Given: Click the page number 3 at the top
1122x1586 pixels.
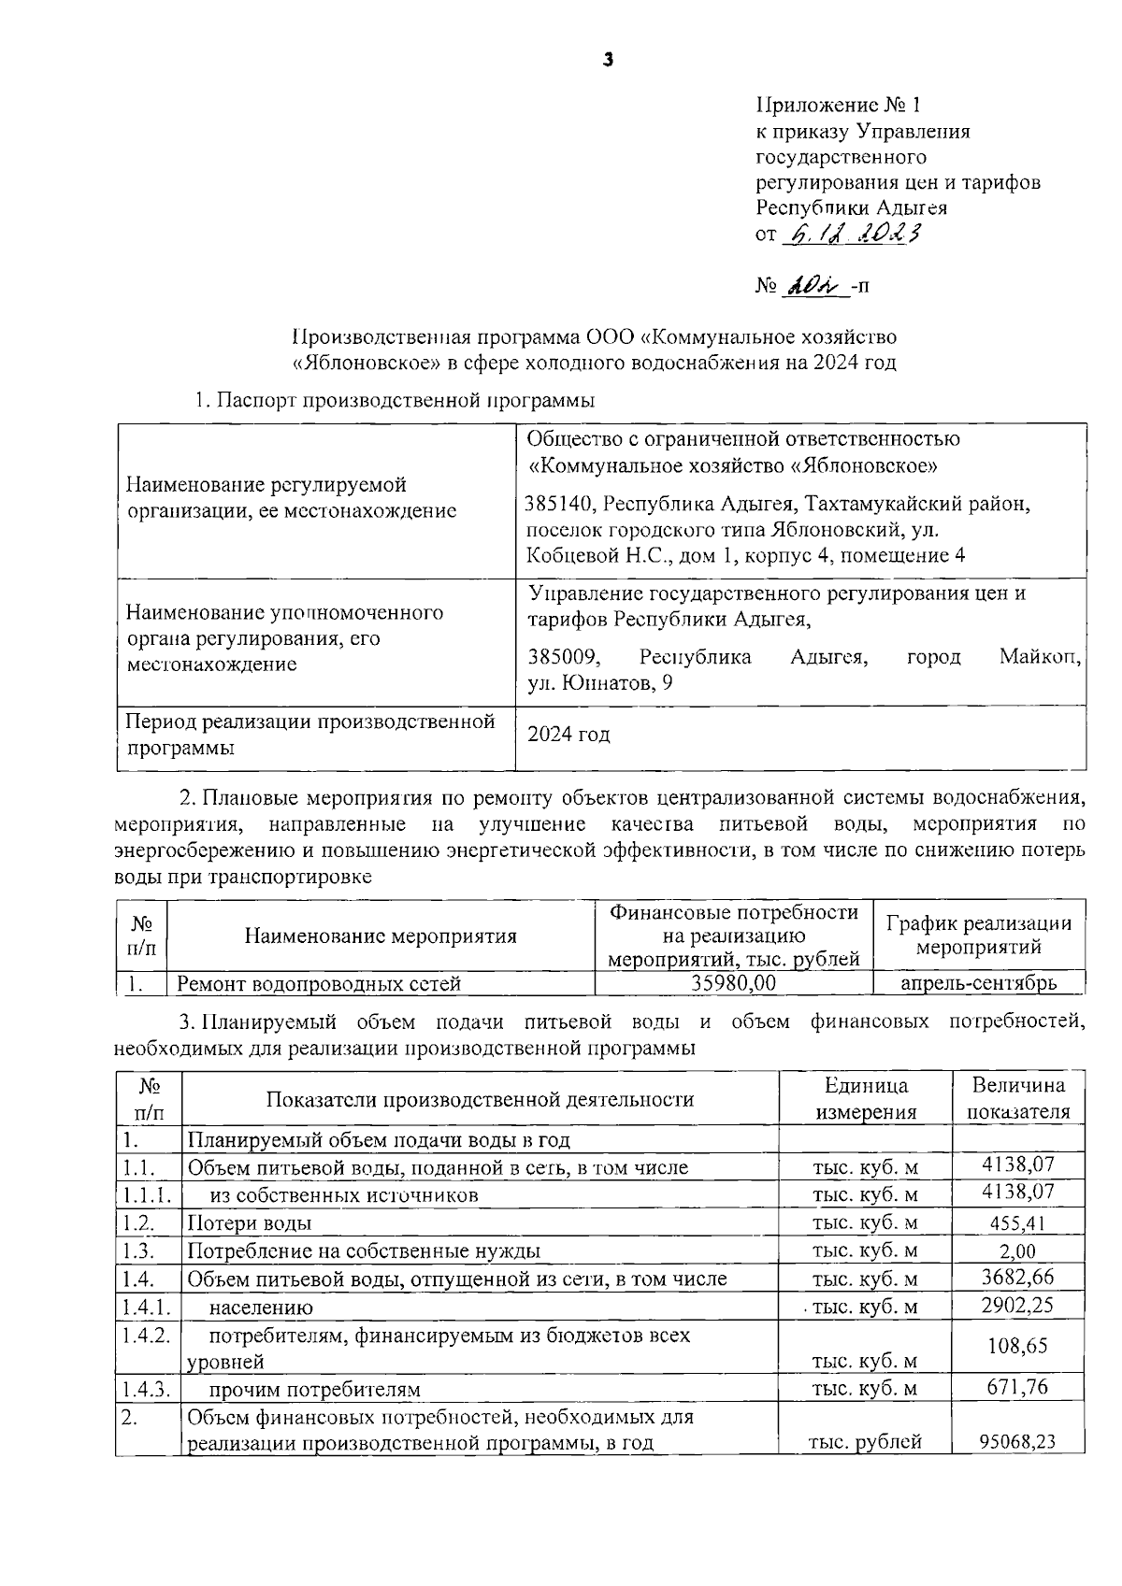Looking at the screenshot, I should tap(609, 61).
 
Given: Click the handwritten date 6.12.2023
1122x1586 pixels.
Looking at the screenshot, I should tap(852, 234).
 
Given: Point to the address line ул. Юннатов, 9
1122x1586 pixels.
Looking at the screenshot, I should tap(599, 683).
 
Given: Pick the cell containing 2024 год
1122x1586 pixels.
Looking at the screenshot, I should tap(569, 735).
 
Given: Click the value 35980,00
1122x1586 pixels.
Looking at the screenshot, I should tap(733, 982).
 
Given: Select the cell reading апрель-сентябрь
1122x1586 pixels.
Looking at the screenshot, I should tap(978, 982).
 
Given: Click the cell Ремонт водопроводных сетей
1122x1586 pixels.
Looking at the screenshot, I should tap(319, 982).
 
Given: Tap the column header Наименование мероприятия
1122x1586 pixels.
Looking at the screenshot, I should tap(381, 936).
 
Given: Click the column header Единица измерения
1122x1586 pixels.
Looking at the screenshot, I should tap(865, 1098).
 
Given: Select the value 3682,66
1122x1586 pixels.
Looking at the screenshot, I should tap(1017, 1278).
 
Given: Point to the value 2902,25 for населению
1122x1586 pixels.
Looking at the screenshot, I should tap(1017, 1306).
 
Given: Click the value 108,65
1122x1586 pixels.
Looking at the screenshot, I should tap(1017, 1346).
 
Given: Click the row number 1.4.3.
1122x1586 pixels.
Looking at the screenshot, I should tap(145, 1388).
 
